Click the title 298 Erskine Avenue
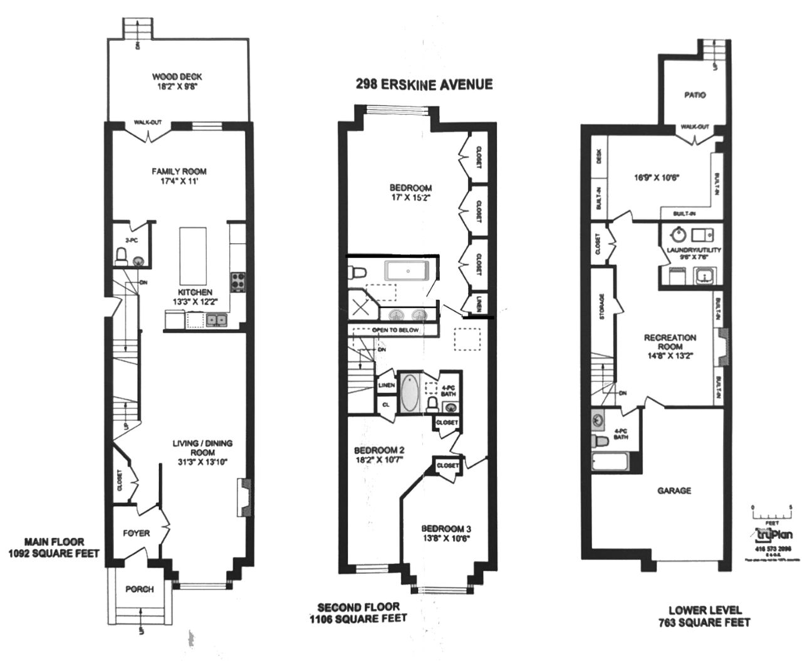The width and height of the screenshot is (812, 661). (x=424, y=84)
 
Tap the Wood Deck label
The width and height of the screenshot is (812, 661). (x=177, y=77)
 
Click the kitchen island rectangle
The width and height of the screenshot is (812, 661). (x=193, y=256)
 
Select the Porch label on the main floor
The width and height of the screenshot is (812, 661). (x=139, y=589)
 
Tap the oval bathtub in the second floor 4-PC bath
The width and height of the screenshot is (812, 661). (x=410, y=393)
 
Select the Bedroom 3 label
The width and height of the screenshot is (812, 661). (x=445, y=528)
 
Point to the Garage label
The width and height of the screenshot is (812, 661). (x=674, y=490)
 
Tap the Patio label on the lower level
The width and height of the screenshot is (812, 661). (x=694, y=95)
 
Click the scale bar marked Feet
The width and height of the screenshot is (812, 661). (x=773, y=513)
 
